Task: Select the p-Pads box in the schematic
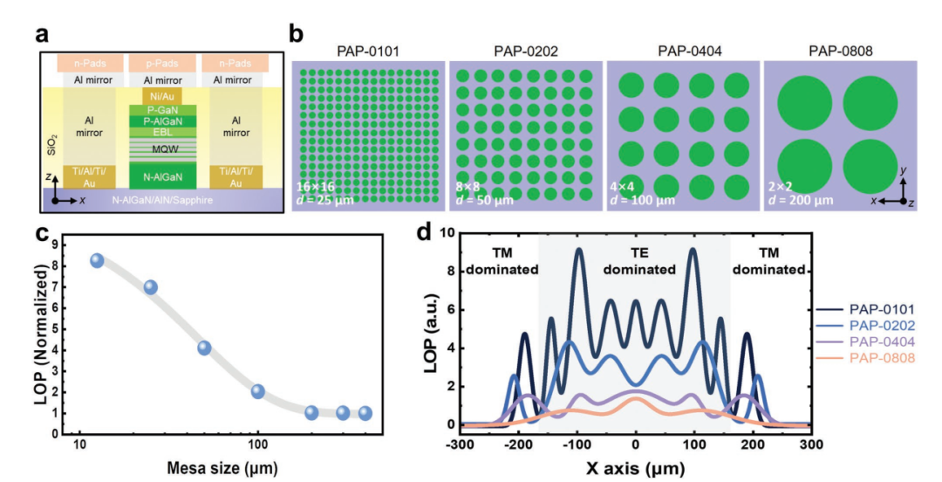152,64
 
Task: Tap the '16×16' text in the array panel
314,188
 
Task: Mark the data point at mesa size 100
258,391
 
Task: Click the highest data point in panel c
97,260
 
